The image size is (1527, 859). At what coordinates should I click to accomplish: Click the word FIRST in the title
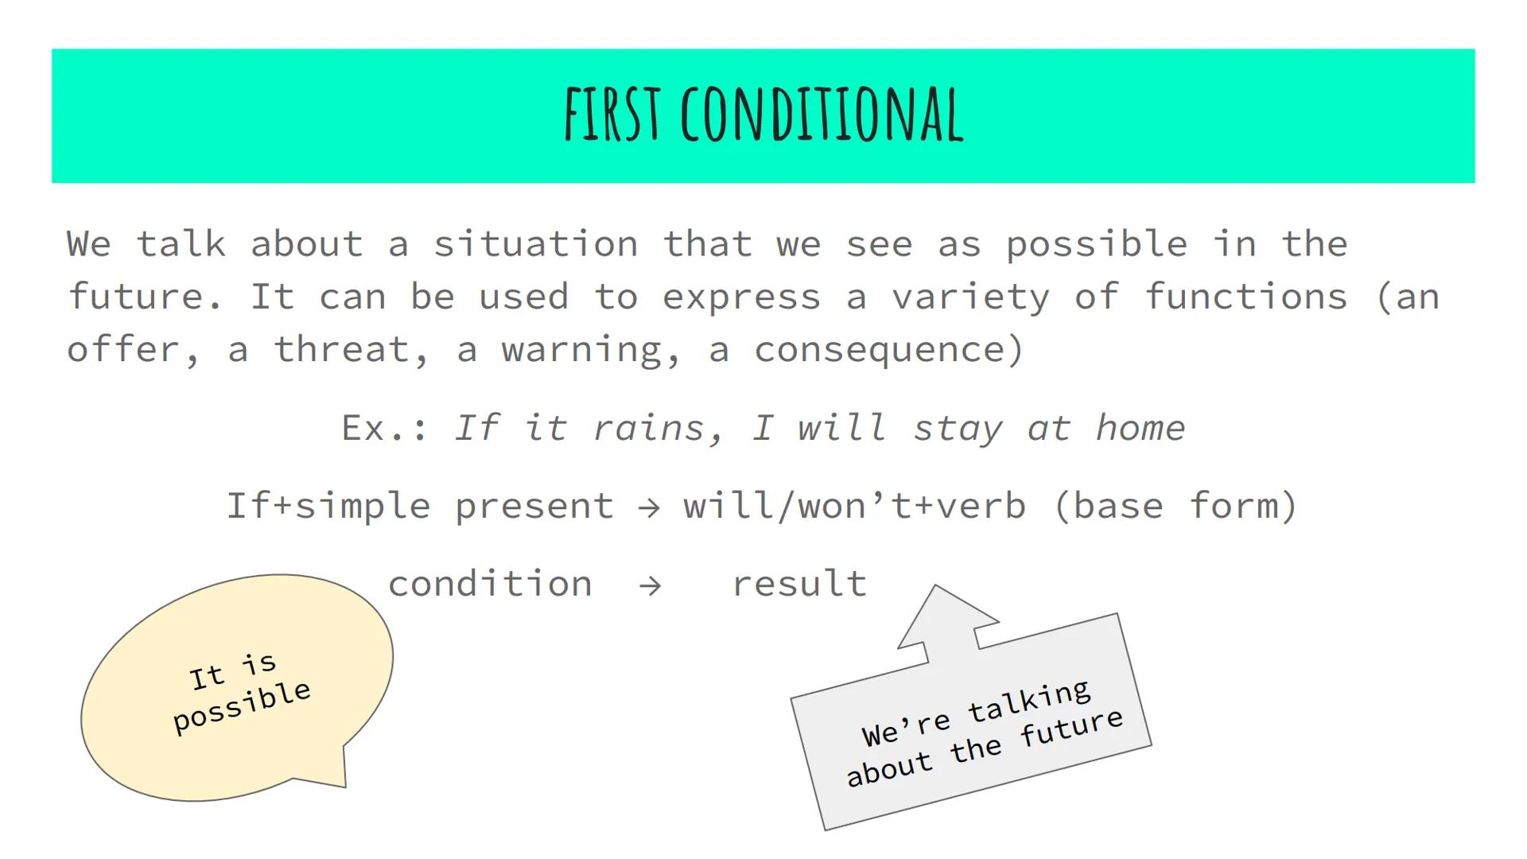[612, 115]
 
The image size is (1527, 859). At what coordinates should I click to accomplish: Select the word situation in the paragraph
[535, 244]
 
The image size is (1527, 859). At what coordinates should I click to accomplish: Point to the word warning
[591, 350]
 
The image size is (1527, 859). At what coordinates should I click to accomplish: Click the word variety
[971, 297]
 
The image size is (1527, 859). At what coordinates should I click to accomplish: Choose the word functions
[1246, 297]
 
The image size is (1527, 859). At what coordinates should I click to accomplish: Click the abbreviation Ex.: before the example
[385, 429]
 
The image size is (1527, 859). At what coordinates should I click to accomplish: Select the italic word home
[1140, 429]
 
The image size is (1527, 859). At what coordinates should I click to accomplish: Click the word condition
[490, 585]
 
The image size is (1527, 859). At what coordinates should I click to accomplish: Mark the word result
[799, 585]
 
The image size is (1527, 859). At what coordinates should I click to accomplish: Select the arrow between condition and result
[651, 586]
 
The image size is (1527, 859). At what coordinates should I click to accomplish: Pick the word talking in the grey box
[1029, 702]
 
